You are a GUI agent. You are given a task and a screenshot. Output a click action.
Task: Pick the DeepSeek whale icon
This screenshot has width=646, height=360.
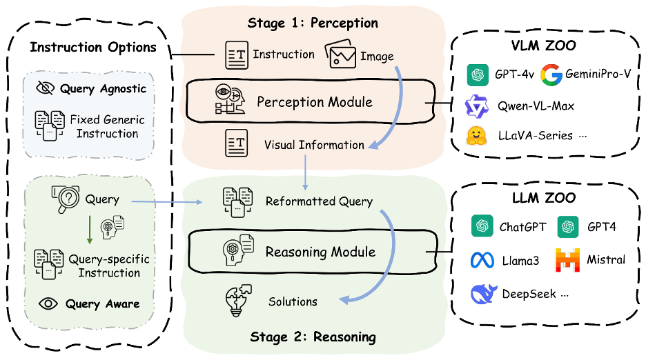pyautogui.click(x=484, y=294)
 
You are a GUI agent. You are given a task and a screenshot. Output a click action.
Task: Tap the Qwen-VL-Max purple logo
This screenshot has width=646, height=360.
pyautogui.click(x=476, y=106)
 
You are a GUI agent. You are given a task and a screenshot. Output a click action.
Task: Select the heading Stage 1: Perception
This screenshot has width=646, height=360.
pyautogui.click(x=313, y=23)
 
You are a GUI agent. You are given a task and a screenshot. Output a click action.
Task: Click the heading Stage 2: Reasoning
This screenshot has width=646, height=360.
pyautogui.click(x=313, y=337)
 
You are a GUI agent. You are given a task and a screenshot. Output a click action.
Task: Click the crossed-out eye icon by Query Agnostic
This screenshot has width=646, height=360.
pyautogui.click(x=46, y=88)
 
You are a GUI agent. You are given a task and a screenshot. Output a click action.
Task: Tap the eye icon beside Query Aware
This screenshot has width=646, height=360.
pyautogui.click(x=48, y=303)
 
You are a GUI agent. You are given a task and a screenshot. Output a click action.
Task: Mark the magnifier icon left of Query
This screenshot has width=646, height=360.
pyautogui.click(x=65, y=199)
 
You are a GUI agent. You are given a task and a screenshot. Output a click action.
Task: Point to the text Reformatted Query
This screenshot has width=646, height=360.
pyautogui.click(x=319, y=201)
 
